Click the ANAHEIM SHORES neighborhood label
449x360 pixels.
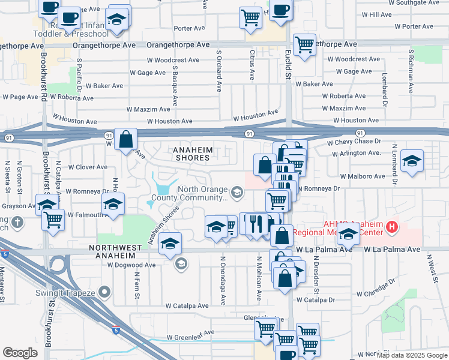[191, 153]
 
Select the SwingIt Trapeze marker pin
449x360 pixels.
[105, 292]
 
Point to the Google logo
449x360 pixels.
[20, 352]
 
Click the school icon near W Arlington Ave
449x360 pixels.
[412, 161]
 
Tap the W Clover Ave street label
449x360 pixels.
[87, 167]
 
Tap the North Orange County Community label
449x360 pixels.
[203, 193]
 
